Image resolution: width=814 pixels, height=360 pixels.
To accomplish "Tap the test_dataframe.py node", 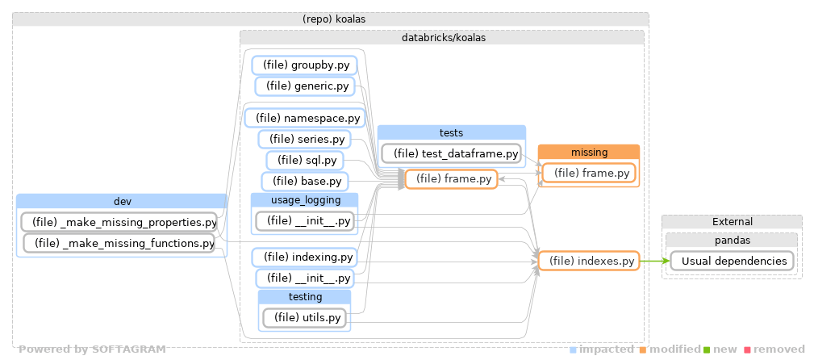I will (x=450, y=153).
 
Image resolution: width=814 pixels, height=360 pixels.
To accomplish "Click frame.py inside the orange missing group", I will (x=588, y=173).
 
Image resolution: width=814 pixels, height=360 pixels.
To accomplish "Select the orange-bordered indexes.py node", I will (x=588, y=261).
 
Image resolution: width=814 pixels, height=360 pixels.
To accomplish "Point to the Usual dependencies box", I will (x=728, y=261).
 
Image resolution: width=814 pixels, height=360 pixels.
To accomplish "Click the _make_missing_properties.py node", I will (x=119, y=222).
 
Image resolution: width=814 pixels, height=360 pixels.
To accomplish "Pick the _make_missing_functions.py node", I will (x=119, y=242).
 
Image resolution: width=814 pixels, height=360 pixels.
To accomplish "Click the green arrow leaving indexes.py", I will (x=653, y=261).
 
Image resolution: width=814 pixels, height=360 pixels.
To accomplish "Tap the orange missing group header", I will (x=588, y=152).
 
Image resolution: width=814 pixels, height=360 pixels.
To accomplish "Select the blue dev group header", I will (x=122, y=201).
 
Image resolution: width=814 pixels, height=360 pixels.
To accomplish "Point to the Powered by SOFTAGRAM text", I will (x=92, y=350).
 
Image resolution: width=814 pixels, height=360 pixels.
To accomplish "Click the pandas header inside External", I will (x=732, y=240).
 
